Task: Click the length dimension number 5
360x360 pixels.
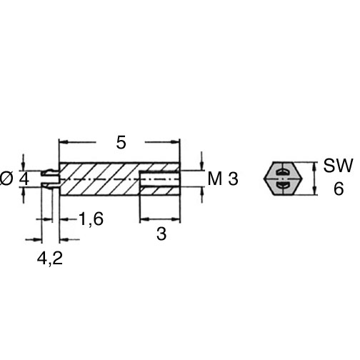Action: [121, 143]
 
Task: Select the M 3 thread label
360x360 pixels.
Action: [223, 179]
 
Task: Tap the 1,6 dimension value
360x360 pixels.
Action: [91, 219]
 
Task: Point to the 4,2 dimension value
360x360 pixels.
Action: [50, 259]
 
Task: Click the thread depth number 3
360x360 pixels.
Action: [161, 234]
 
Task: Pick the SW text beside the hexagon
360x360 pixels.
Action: [338, 166]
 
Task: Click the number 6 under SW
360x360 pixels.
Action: [339, 189]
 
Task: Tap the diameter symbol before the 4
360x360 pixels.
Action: [6, 179]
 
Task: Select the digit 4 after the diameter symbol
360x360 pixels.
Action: [24, 179]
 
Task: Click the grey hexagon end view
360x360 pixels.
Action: [283, 179]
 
